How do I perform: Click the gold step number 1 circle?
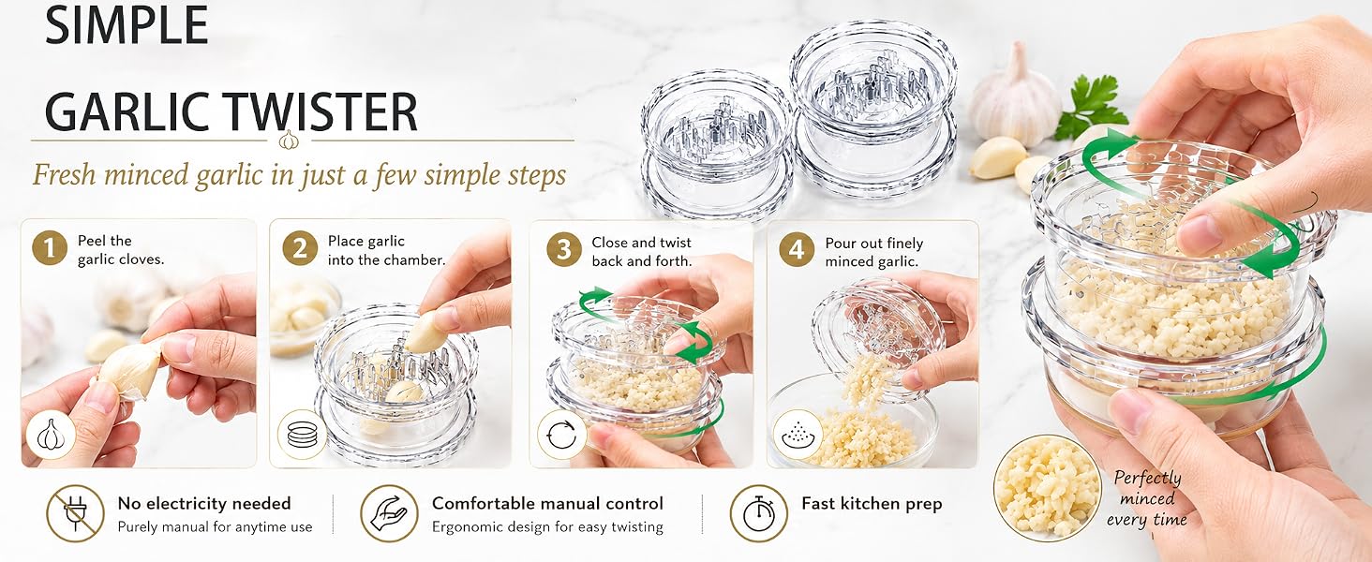click(50, 247)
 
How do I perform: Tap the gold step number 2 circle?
click(300, 248)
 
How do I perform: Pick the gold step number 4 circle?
click(797, 249)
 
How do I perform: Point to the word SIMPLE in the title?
click(127, 24)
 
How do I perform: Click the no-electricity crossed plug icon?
click(75, 513)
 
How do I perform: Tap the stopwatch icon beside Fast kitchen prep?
click(759, 513)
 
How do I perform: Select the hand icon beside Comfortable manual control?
click(389, 513)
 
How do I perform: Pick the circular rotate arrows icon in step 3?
click(561, 435)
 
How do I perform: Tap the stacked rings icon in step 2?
click(302, 434)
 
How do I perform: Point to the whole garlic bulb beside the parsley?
click(1014, 98)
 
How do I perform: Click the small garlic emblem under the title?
click(289, 140)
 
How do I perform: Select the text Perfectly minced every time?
click(1146, 498)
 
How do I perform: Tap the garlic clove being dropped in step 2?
click(424, 333)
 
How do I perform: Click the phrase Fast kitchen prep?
click(872, 503)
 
